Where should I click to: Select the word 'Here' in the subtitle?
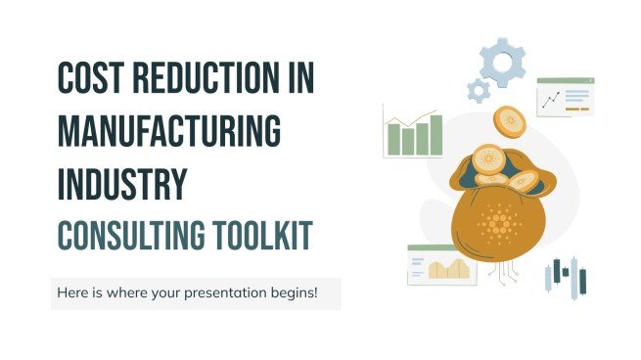pos(71,293)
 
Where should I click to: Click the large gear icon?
pos(504,64)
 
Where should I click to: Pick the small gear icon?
pos(478,91)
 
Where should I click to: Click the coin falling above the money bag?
pos(510,120)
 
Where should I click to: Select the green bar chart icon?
pos(414,132)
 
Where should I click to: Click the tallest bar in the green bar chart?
pos(435,134)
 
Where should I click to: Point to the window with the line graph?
pos(566,98)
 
